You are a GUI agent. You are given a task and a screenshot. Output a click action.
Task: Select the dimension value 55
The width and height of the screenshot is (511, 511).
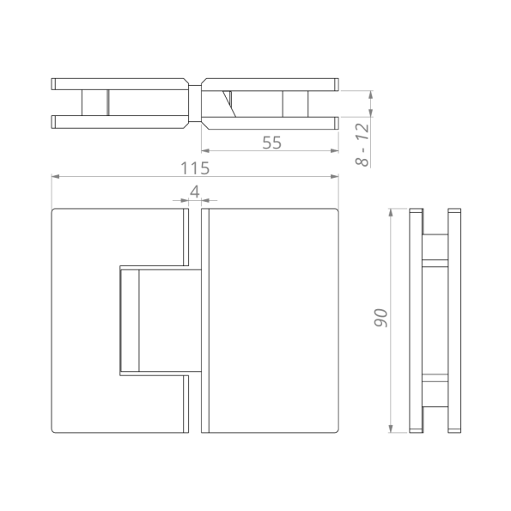271,143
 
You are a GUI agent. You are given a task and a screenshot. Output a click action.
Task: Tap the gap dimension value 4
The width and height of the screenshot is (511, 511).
195,192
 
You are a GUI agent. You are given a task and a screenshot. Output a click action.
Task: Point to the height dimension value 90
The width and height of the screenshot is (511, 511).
381,318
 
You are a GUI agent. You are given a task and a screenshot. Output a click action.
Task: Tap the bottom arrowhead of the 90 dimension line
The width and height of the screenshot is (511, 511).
392,429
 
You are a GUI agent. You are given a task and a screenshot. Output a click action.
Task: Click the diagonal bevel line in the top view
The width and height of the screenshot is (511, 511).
229,103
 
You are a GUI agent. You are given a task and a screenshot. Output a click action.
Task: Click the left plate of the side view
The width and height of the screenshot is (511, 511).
417,319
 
